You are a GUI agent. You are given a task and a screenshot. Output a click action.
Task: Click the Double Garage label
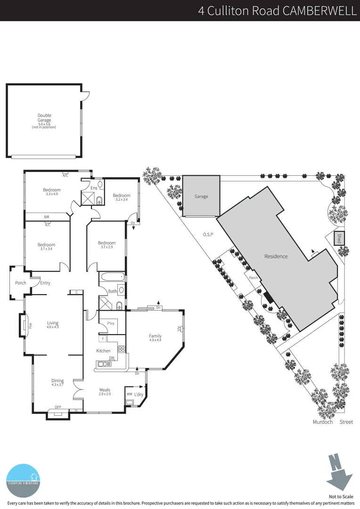[x=44, y=118]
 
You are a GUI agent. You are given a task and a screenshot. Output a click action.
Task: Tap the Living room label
[x=52, y=323]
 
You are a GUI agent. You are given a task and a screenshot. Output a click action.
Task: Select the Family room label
[x=155, y=336]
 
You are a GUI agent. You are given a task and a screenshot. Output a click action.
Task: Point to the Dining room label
[x=57, y=381]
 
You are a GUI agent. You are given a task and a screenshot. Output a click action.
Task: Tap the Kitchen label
[x=103, y=351]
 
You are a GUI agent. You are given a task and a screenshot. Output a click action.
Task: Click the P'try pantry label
[x=111, y=323]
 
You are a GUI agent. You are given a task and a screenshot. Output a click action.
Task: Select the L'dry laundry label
[x=139, y=394]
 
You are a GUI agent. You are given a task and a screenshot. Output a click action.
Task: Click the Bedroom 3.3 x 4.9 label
[x=51, y=190]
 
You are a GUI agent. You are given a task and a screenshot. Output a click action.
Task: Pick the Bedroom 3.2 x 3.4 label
[x=121, y=196]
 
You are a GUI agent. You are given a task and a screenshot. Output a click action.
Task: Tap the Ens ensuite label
[x=94, y=188]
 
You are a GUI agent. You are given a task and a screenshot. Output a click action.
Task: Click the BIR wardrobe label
[x=47, y=217]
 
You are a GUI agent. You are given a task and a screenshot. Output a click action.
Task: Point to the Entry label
[x=45, y=283]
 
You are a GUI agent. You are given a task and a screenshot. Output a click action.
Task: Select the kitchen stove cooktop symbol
[x=121, y=349]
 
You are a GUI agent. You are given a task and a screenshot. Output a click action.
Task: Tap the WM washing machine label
[x=129, y=394]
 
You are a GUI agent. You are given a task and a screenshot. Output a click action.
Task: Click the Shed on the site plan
[x=338, y=238]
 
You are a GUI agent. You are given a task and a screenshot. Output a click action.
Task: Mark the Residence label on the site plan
[x=276, y=256]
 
